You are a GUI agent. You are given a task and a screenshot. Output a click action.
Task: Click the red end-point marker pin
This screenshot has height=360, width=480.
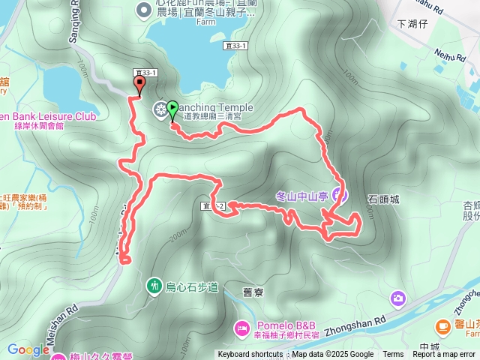pyautogui.click(x=139, y=85)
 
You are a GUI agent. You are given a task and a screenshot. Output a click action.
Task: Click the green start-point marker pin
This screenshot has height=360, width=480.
pyautogui.click(x=173, y=110)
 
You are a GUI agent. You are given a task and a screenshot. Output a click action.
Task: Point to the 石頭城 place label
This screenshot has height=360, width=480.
pyautogui.click(x=383, y=199)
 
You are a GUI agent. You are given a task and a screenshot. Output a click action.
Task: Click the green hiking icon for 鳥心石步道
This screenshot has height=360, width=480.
pyautogui.click(x=154, y=286)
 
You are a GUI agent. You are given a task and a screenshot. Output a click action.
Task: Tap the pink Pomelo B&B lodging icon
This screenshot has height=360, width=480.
pyautogui.click(x=241, y=327)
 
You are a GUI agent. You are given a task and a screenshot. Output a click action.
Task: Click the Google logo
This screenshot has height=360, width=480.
pyautogui.click(x=28, y=349)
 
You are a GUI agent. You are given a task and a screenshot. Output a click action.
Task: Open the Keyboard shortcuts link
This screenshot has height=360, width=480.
pyautogui.click(x=250, y=355)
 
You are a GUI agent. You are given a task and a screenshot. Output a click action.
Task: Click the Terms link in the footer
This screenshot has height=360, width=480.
pyautogui.click(x=393, y=355)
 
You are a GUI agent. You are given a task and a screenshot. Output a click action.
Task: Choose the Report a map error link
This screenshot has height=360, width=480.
pyautogui.click(x=444, y=355)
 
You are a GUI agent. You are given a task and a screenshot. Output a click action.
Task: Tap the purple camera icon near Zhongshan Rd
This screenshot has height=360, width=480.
pyautogui.click(x=397, y=299)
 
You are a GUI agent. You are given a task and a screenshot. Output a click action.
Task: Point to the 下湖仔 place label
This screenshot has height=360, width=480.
pyautogui.click(x=411, y=24)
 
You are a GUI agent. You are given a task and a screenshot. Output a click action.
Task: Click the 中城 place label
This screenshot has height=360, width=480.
pyautogui.click(x=430, y=346)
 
